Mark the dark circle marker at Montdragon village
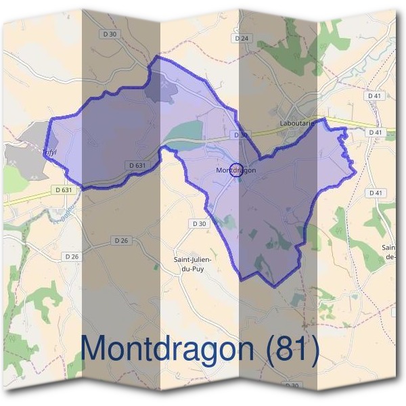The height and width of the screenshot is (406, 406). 235,169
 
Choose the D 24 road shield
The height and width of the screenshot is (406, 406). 242,39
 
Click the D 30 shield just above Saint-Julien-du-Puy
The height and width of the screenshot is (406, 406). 199,223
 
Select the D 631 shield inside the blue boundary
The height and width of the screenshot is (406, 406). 136,165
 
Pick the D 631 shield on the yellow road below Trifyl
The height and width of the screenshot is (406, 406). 62,190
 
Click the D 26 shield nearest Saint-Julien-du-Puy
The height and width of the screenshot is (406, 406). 121,241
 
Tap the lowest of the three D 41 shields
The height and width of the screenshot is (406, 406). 376,194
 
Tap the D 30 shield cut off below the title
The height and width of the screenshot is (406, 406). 291,386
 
